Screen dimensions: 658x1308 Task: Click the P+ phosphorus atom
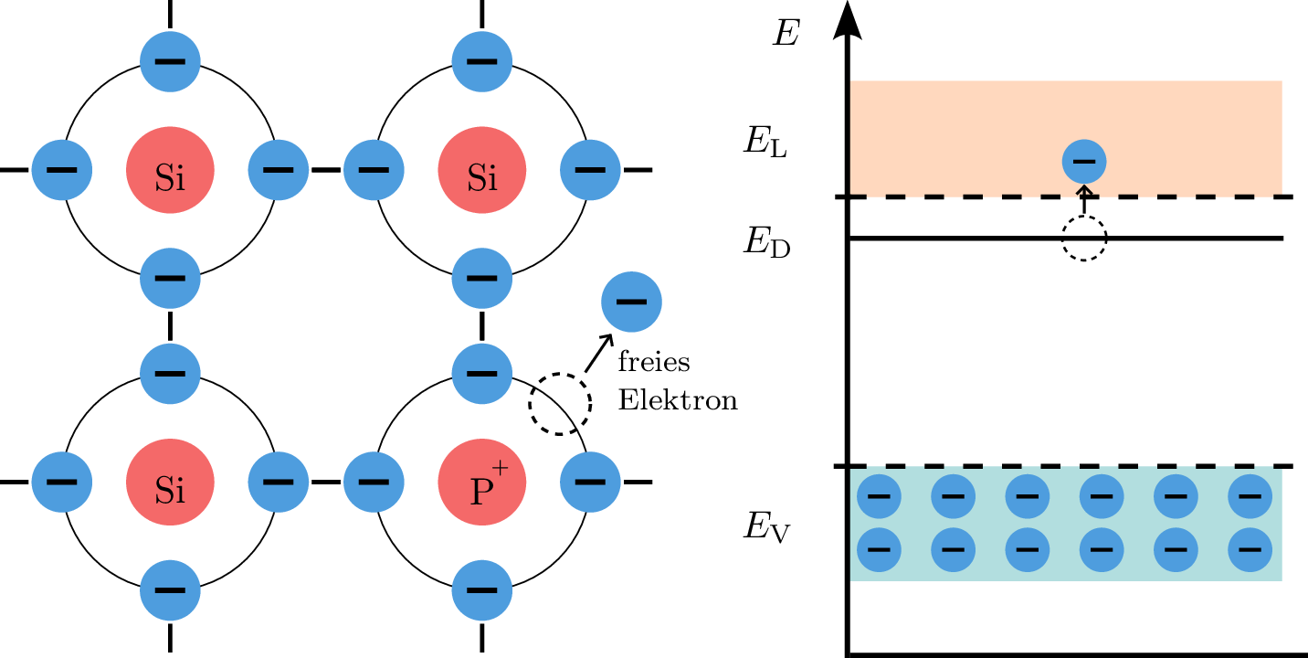481,482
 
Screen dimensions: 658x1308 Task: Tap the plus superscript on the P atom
500,468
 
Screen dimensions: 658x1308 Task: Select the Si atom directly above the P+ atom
481,170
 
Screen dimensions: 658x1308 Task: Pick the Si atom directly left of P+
170,482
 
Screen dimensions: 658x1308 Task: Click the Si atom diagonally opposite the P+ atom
170,170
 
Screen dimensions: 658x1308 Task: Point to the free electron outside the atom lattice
631,302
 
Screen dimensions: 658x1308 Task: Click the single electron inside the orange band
1084,162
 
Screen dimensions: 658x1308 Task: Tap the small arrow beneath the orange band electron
1084,192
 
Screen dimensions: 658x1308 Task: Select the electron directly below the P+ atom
481,590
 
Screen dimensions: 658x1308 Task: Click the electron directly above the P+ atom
481,373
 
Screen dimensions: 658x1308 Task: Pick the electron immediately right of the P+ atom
590,482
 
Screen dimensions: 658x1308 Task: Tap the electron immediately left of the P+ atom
374,482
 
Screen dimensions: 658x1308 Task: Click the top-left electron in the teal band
879,496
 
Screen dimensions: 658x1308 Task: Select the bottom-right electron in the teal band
1250,549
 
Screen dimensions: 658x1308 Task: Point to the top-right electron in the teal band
1250,496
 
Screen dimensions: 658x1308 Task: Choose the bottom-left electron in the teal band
879,549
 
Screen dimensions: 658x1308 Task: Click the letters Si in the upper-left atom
170,178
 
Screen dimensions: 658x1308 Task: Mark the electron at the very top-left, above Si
170,61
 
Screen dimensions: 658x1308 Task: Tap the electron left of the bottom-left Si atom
61,482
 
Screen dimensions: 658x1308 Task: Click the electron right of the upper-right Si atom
590,170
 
